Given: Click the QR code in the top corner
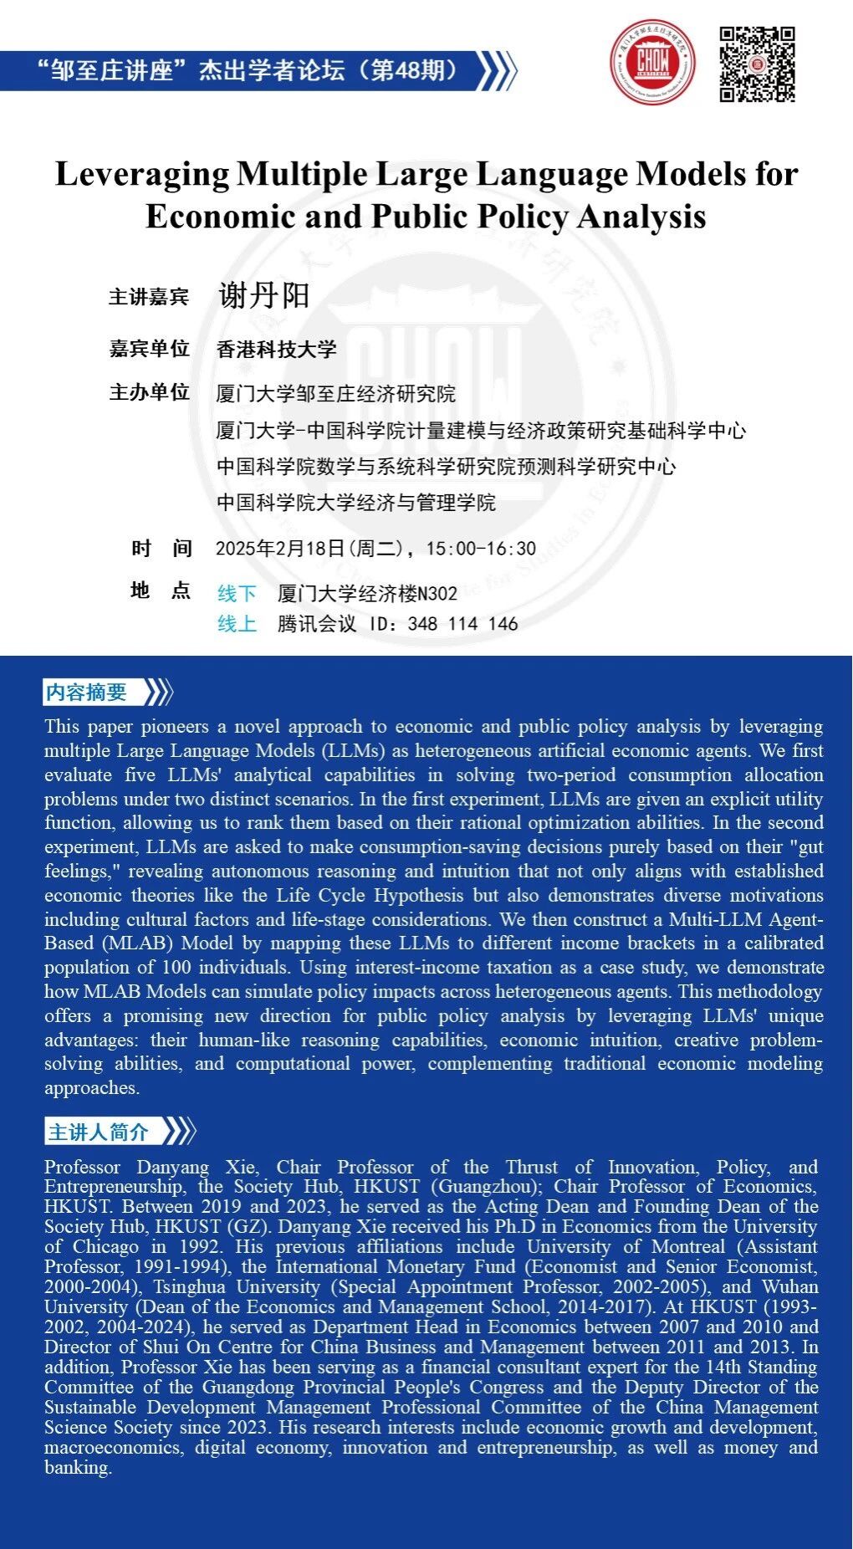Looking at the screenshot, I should pyautogui.click(x=757, y=64).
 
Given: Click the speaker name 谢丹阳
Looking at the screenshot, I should pyautogui.click(x=264, y=295).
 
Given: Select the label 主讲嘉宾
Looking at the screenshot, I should pyautogui.click(x=149, y=297).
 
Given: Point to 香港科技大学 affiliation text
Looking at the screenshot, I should pyautogui.click(x=276, y=349).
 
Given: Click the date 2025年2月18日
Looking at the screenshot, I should pyautogui.click(x=280, y=549).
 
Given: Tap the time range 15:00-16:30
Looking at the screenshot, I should pyautogui.click(x=481, y=549).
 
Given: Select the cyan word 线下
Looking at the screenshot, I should pyautogui.click(x=237, y=594).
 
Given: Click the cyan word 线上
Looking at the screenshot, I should pyautogui.click(x=237, y=624).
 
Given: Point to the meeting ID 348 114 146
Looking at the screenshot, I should pyautogui.click(x=462, y=624).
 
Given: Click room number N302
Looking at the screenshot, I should pyautogui.click(x=437, y=594).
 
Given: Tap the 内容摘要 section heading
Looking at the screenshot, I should pyautogui.click(x=86, y=693).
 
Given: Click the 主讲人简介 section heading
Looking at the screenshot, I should pyautogui.click(x=98, y=1132).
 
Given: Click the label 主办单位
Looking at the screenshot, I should pyautogui.click(x=149, y=392).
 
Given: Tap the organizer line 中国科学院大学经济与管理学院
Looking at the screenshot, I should pyautogui.click(x=356, y=503).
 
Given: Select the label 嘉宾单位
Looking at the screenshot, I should pyautogui.click(x=149, y=349).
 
